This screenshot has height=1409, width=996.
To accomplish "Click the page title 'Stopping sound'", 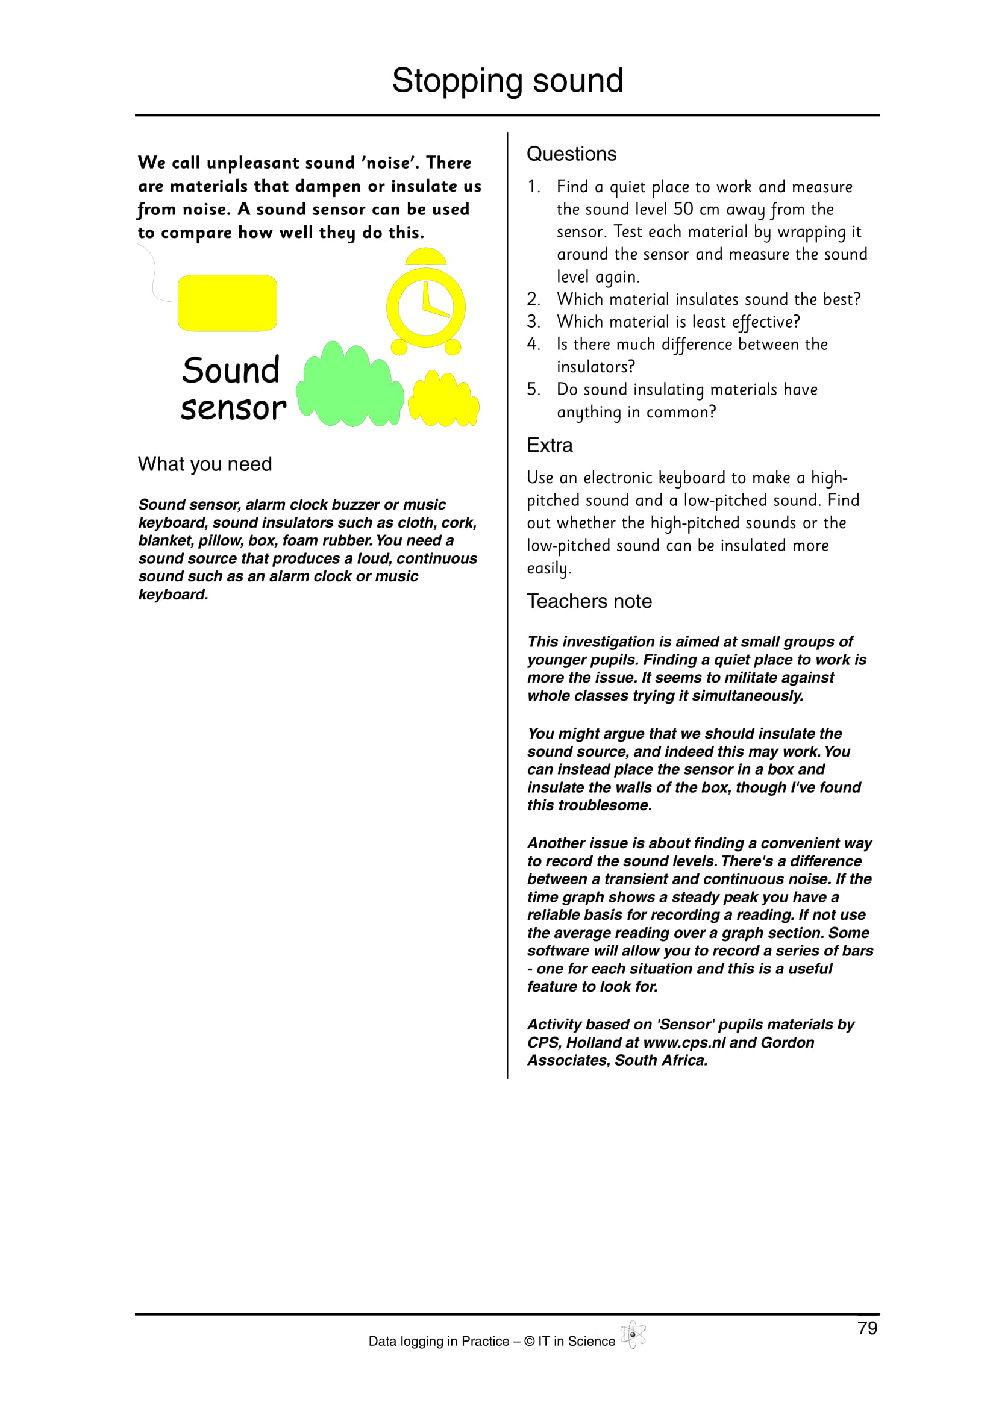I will (507, 80).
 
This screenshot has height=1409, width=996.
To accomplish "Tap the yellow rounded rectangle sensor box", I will (227, 302).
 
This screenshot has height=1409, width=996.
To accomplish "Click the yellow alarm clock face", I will (425, 307).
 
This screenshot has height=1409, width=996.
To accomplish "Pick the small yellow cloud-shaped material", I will (443, 400).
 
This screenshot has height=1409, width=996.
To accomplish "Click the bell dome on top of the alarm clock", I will (425, 257).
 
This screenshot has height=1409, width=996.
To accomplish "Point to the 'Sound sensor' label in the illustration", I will (233, 389).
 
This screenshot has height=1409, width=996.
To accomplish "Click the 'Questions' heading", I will (571, 154).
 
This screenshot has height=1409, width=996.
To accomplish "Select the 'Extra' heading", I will (550, 445).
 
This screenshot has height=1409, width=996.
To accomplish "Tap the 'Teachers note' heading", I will (589, 601).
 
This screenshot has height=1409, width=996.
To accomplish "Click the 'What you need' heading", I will (204, 464).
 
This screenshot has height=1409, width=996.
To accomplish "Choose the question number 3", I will (533, 322).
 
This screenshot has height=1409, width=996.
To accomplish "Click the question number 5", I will (533, 389).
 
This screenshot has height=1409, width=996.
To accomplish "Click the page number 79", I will (867, 1328).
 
